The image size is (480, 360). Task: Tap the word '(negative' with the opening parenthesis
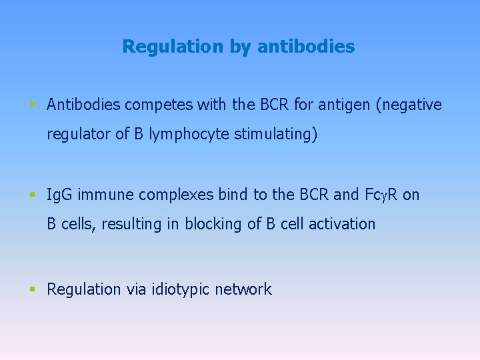pyautogui.click(x=409, y=105)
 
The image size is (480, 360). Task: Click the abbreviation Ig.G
pyautogui.click(x=60, y=195)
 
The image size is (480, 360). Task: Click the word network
pyautogui.click(x=243, y=289)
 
